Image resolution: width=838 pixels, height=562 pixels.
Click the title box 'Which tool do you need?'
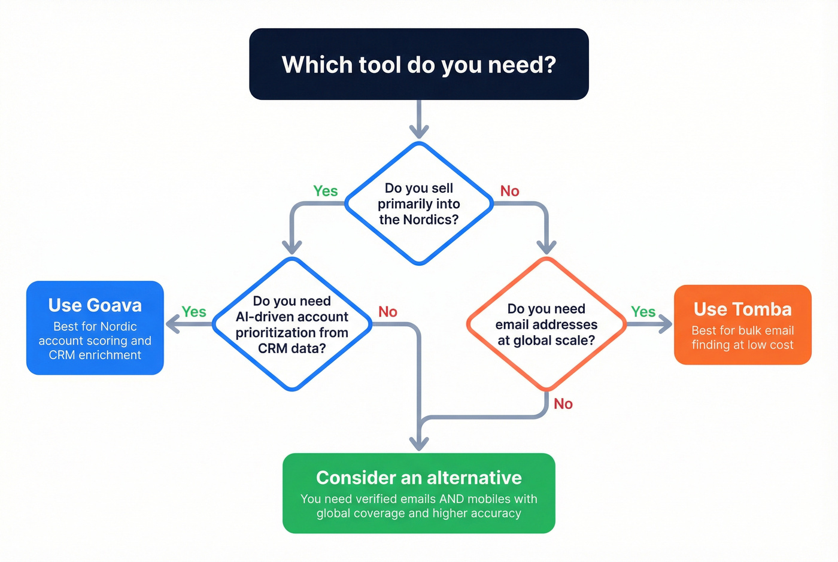[x=419, y=64]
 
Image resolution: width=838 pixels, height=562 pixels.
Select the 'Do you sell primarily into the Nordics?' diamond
[x=419, y=203]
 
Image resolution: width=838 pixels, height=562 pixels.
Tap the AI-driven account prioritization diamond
[x=292, y=324]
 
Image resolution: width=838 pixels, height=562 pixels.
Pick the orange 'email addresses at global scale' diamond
[x=546, y=324]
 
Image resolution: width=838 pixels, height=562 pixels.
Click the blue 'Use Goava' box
[x=95, y=328]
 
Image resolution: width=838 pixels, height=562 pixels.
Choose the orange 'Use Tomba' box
[x=742, y=325]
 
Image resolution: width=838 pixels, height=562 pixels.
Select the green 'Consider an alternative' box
[x=419, y=493]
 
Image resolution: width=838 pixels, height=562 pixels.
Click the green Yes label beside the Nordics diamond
[x=326, y=191]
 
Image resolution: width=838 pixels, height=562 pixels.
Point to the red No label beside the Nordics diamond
[x=510, y=191]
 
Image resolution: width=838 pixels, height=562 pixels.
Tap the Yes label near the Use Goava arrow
[x=194, y=312]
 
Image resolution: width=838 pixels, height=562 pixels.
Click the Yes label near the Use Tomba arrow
[x=643, y=312]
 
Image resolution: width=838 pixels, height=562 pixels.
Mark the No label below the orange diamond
[x=563, y=404]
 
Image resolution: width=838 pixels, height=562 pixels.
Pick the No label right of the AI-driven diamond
[x=388, y=312]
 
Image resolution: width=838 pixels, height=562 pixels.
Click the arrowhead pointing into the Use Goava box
[x=172, y=324]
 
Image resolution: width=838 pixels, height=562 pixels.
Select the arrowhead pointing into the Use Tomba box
[x=666, y=324]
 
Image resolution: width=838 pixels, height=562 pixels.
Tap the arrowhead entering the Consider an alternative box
[x=419, y=444]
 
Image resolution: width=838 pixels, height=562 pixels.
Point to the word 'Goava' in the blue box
[x=114, y=305]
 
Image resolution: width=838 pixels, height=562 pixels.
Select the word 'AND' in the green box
[x=452, y=499]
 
